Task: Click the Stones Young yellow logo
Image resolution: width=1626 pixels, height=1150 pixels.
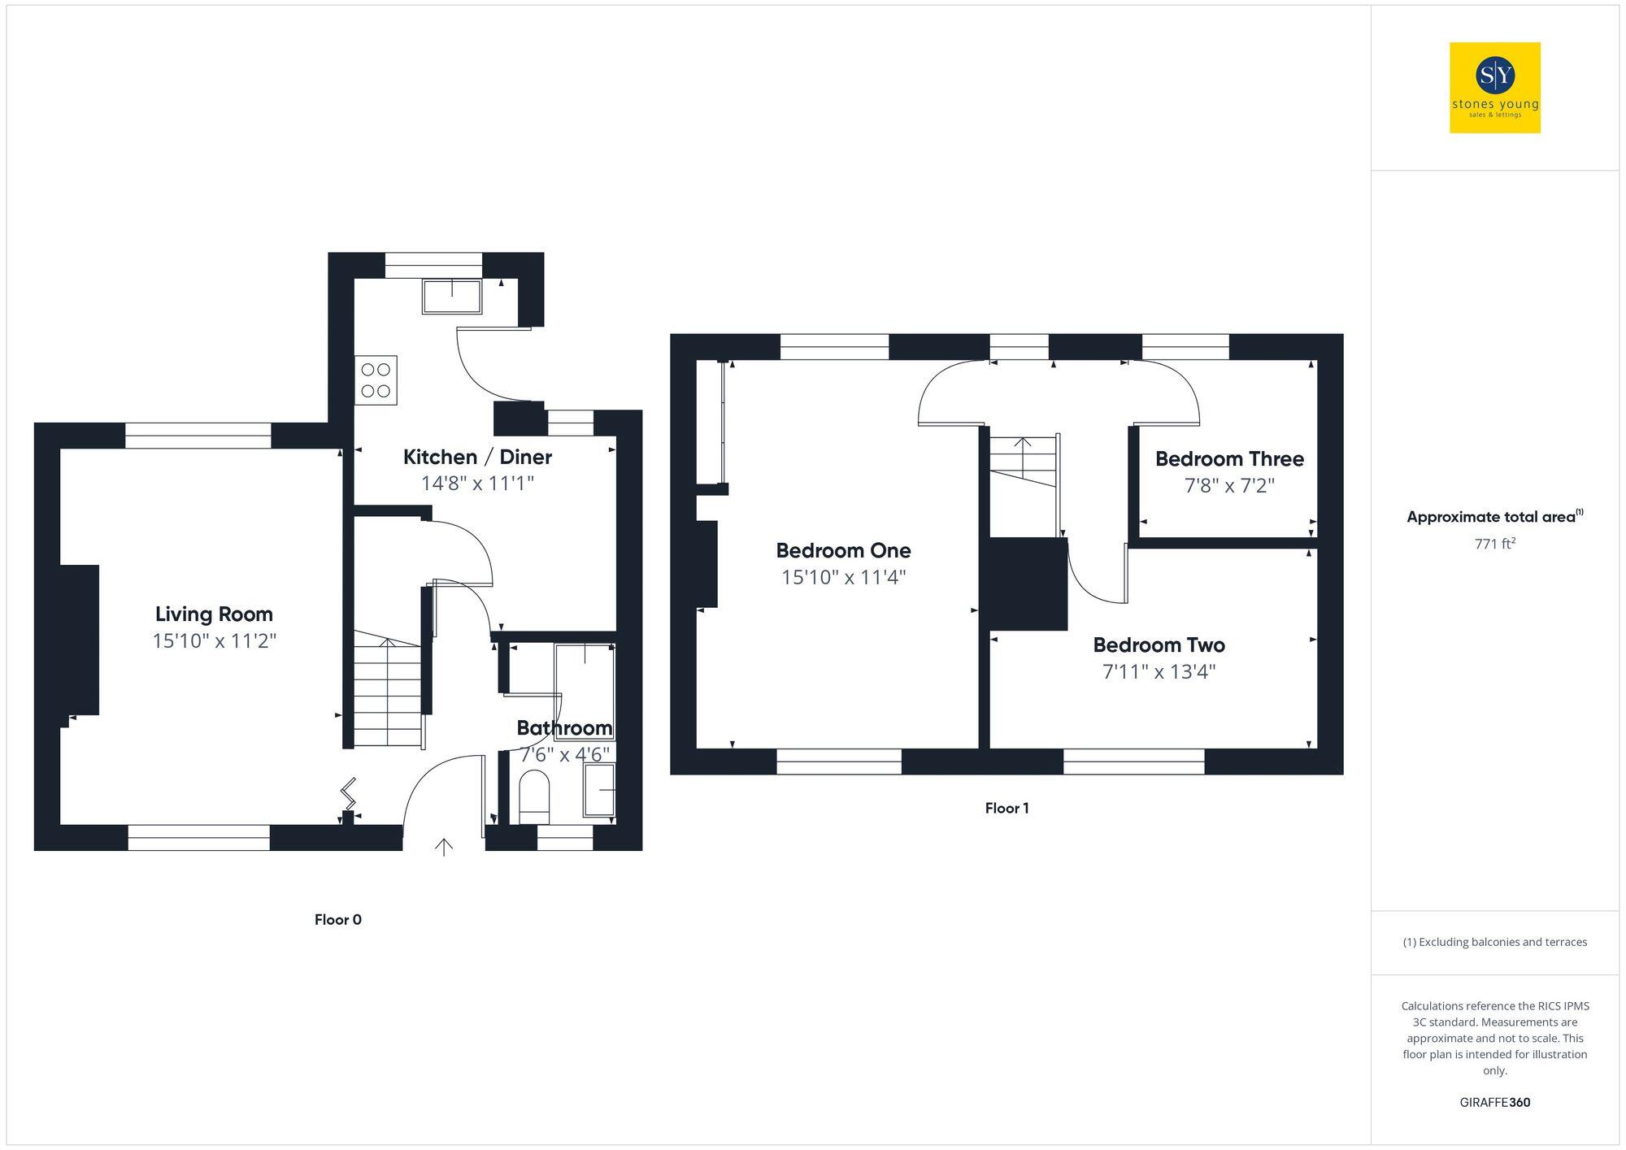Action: tap(1494, 88)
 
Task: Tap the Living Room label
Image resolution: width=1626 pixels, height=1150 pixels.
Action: tap(214, 614)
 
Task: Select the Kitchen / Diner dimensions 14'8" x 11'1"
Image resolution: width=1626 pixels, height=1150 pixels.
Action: tap(477, 484)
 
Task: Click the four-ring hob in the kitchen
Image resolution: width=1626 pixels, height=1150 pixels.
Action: tap(376, 380)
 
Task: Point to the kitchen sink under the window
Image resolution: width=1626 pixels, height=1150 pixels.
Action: tap(451, 296)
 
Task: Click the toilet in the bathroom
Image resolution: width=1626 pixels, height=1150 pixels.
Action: tap(534, 793)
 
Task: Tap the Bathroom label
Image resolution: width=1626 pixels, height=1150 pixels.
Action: tap(564, 727)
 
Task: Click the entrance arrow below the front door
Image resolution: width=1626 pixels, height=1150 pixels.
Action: tap(444, 848)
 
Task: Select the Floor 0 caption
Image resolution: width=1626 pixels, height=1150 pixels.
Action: tap(338, 919)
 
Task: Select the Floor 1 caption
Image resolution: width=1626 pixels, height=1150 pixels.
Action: tap(1006, 808)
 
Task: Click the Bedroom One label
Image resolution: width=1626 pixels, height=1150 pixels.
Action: tap(843, 551)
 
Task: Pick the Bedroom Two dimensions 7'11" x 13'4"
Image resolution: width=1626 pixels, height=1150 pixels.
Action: tap(1159, 672)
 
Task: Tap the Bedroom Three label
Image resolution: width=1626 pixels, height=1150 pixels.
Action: tap(1229, 459)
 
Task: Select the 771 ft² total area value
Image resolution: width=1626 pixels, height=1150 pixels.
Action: tap(1494, 544)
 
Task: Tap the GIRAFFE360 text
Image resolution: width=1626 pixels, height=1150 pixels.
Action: tap(1494, 1103)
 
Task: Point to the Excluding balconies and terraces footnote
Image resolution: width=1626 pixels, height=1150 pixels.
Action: tap(1494, 942)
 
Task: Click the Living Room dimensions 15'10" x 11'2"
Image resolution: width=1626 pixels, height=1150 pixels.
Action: tap(214, 641)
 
